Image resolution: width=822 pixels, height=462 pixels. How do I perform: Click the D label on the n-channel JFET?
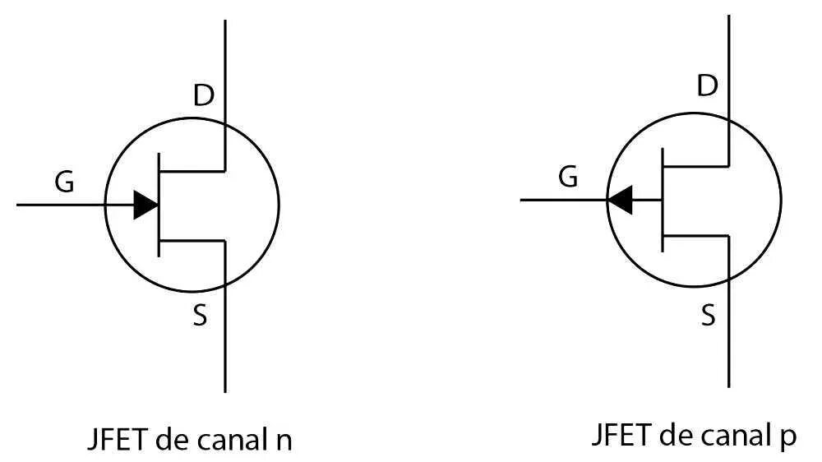(x=203, y=96)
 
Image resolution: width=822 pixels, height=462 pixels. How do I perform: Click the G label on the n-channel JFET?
(x=63, y=182)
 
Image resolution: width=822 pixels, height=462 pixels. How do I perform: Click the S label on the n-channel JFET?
(x=200, y=316)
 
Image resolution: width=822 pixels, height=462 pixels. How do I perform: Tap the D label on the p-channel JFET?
(x=706, y=85)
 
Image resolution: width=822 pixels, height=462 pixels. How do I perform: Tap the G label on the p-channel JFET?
(x=567, y=176)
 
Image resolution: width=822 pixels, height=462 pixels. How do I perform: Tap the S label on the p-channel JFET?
(x=708, y=315)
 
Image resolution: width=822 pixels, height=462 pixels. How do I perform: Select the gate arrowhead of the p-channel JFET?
(x=620, y=199)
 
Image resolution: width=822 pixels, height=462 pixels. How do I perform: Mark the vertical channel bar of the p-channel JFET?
(x=663, y=199)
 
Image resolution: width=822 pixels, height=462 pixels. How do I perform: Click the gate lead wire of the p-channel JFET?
(x=563, y=200)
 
